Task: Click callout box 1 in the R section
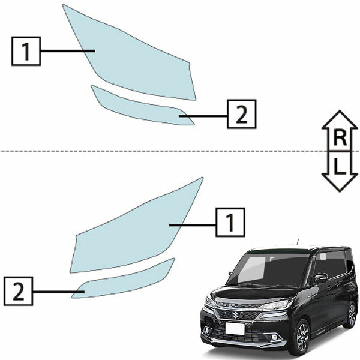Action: click(x=26, y=51)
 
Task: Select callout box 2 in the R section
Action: click(x=242, y=114)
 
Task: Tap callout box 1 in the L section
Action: click(x=230, y=222)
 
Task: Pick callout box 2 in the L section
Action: click(x=19, y=291)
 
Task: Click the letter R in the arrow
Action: click(x=340, y=138)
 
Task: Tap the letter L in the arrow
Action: click(x=340, y=166)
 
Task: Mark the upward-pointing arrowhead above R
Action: click(x=340, y=119)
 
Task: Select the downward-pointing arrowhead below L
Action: click(x=340, y=182)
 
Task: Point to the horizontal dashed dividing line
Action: click(x=180, y=151)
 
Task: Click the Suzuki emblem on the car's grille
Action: click(x=235, y=314)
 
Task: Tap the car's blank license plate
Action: click(x=235, y=329)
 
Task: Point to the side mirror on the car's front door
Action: click(x=321, y=278)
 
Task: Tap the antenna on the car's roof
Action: click(x=298, y=242)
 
